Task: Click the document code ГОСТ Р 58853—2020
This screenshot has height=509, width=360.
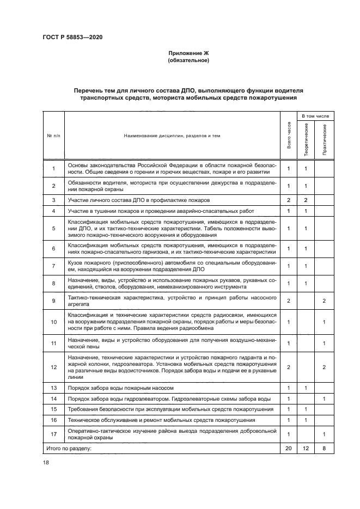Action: click(72, 37)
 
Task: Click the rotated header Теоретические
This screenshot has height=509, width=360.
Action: click(307, 140)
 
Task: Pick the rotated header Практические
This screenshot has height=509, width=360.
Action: click(325, 140)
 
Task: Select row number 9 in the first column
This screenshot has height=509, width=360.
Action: click(53, 301)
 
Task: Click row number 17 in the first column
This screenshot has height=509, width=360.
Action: click(53, 433)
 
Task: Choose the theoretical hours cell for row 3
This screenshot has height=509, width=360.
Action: click(307, 200)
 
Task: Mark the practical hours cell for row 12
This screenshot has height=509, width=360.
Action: click(325, 367)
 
